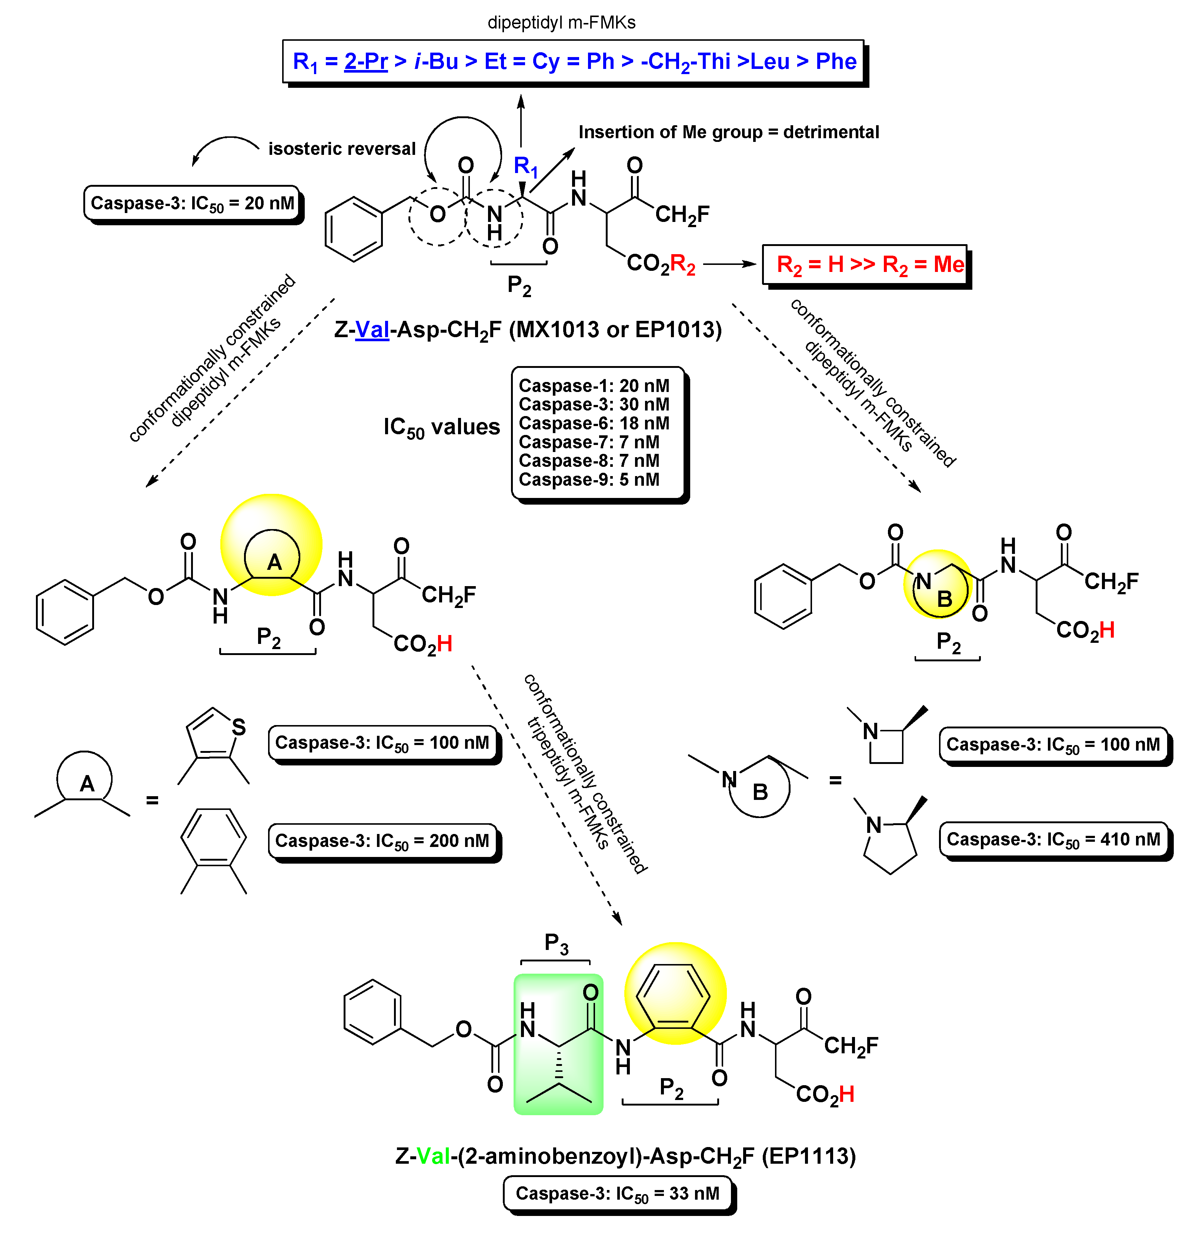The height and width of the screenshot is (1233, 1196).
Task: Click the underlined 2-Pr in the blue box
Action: pyautogui.click(x=365, y=61)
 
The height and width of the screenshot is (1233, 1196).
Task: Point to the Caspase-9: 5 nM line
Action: pyautogui.click(x=589, y=479)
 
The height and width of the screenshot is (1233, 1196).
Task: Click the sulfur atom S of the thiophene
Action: pyautogui.click(x=238, y=728)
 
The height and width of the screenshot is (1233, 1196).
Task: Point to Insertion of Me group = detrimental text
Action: pyautogui.click(x=728, y=132)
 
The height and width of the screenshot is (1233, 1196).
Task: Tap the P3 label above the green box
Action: pyautogui.click(x=556, y=944)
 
